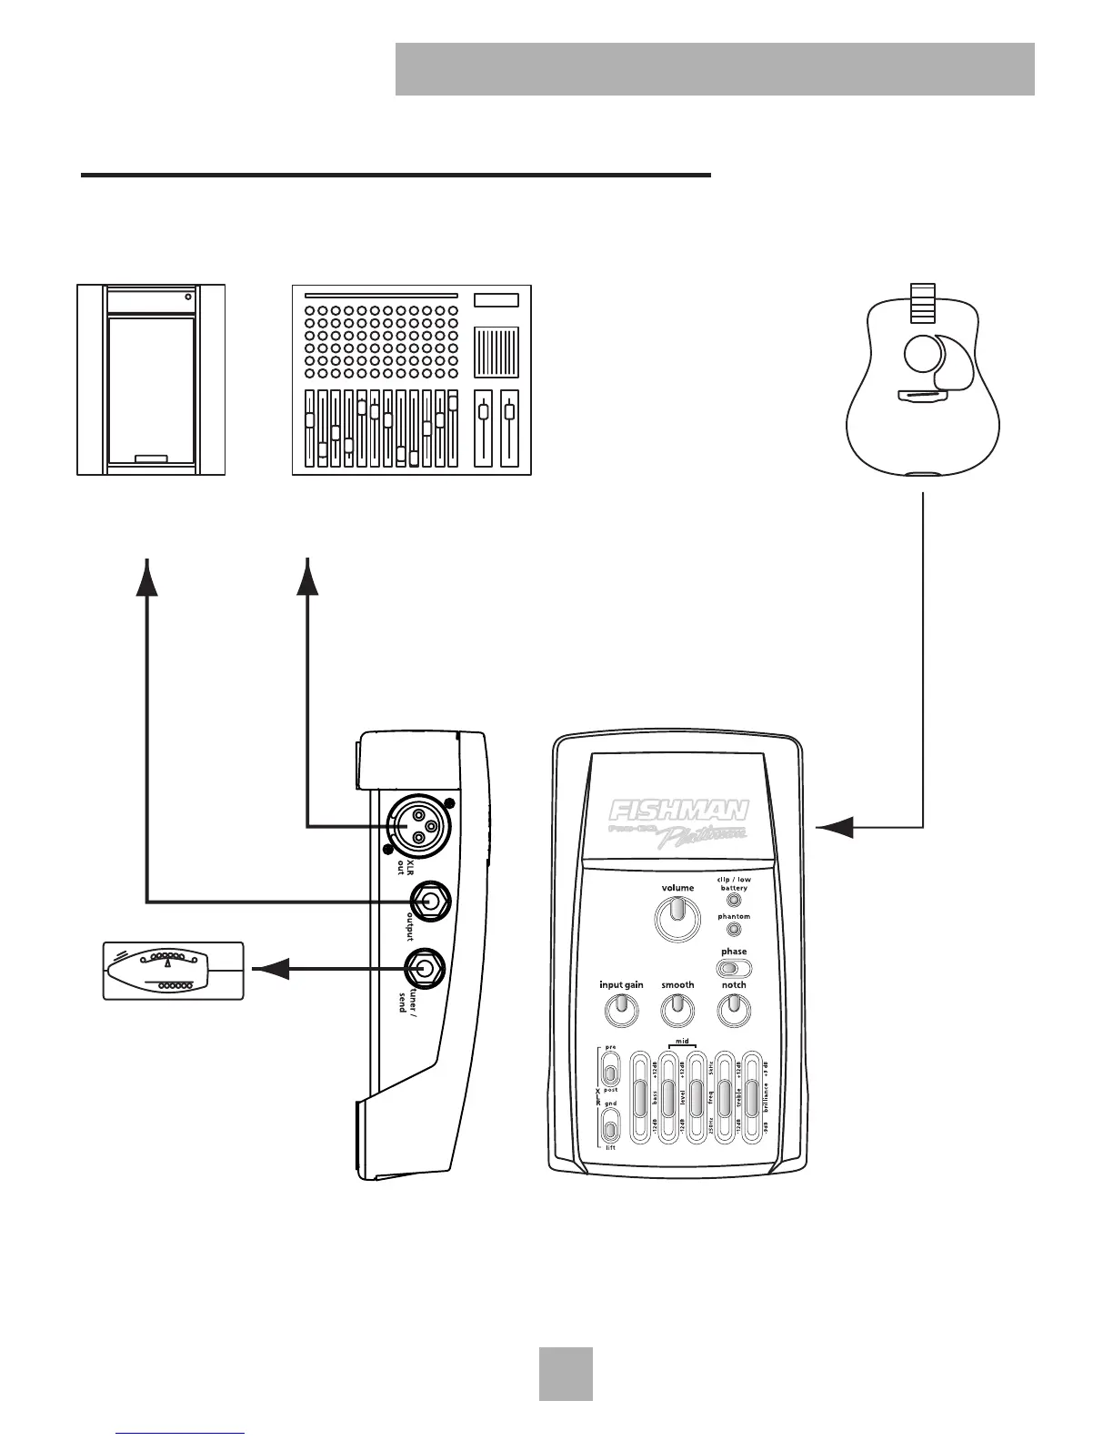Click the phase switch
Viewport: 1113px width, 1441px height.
(x=734, y=969)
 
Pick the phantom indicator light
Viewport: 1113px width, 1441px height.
(x=734, y=930)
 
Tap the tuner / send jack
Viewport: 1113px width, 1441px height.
(x=424, y=970)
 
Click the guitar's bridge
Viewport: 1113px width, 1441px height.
(x=923, y=396)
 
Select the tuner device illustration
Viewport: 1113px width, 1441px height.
(x=174, y=971)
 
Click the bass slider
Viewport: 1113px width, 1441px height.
(x=640, y=1098)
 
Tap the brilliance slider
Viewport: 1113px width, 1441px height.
(x=752, y=1098)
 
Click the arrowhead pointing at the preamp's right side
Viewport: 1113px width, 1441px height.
(x=835, y=827)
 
